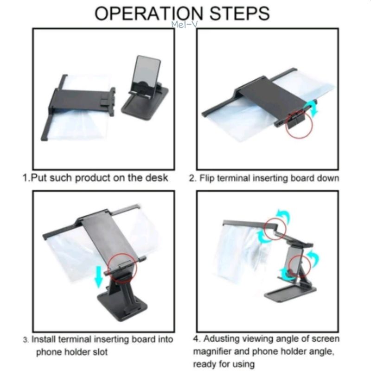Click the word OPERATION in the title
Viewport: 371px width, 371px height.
point(149,13)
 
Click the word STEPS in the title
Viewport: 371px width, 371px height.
point(239,13)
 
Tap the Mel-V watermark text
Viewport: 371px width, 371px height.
point(185,25)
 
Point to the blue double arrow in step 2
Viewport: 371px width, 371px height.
point(314,109)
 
